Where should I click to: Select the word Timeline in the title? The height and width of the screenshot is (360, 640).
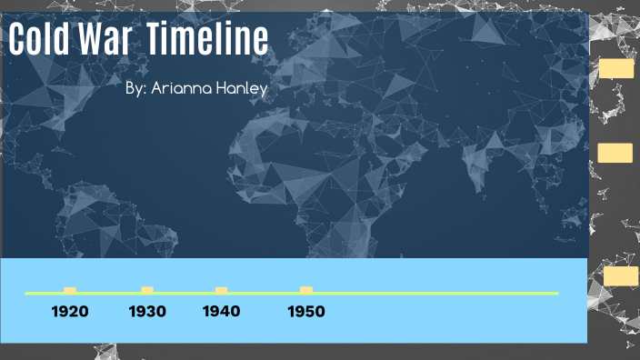coord(208,42)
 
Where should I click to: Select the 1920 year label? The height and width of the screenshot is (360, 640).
coord(70,312)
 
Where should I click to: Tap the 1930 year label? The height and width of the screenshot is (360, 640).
coord(147,312)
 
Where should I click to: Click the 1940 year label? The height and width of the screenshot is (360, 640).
coord(222,312)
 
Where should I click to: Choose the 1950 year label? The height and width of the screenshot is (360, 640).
coord(305,312)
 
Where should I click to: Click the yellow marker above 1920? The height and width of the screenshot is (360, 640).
coord(70,290)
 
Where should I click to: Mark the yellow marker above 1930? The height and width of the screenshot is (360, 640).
coord(147,290)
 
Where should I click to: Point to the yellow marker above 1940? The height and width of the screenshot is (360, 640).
coord(221,290)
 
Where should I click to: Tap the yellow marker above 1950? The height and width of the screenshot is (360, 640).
coord(306,290)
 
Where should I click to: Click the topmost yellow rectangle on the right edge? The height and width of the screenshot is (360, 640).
coord(616,68)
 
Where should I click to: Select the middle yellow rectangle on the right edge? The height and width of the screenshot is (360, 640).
coord(615,153)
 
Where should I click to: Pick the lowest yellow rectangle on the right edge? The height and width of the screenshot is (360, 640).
coord(621,276)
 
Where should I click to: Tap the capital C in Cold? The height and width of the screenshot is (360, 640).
coord(19,42)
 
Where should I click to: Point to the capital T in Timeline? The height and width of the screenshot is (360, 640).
coord(155,42)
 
